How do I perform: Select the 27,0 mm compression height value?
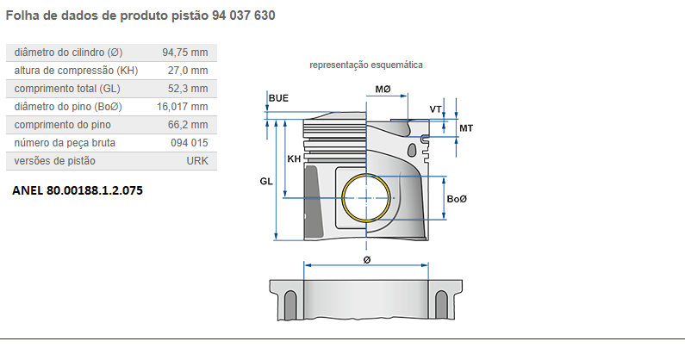click(x=188, y=71)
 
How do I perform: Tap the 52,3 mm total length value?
click(x=188, y=89)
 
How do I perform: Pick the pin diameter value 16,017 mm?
click(x=182, y=107)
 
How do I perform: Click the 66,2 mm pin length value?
click(x=188, y=125)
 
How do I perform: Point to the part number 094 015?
click(x=189, y=143)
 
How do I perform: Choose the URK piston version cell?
click(x=196, y=161)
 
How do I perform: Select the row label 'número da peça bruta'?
click(x=65, y=143)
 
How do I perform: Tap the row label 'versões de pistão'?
click(x=55, y=161)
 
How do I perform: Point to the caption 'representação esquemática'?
click(x=366, y=65)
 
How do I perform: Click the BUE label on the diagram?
click(x=278, y=98)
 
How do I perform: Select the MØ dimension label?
click(x=383, y=90)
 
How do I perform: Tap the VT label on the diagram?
click(x=436, y=109)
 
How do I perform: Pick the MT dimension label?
click(x=465, y=128)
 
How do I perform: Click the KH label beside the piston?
click(x=294, y=159)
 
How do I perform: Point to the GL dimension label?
click(x=265, y=182)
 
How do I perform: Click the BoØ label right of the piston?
click(x=457, y=200)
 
